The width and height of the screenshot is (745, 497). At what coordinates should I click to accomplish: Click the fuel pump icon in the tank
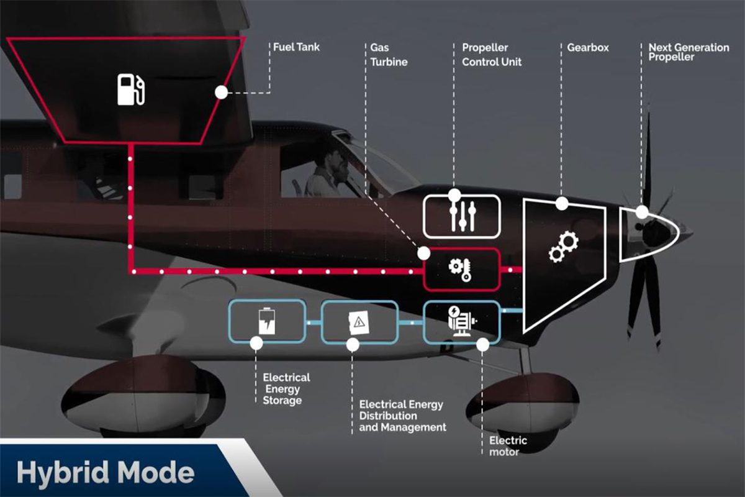pyautogui.click(x=132, y=89)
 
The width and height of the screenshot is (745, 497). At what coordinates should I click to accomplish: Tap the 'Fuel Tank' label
pyautogui.click(x=297, y=47)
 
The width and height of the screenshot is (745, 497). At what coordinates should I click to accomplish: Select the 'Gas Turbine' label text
pyautogui.click(x=389, y=55)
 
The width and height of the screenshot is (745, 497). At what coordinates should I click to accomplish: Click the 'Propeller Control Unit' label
pyautogui.click(x=492, y=55)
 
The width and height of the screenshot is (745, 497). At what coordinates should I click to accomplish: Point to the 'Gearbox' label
pyautogui.click(x=588, y=47)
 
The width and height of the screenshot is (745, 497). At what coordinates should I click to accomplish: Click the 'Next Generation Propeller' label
pyautogui.click(x=689, y=52)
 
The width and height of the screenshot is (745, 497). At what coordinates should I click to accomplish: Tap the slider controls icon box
pyautogui.click(x=461, y=216)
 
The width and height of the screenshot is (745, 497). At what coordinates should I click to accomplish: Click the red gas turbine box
pyautogui.click(x=461, y=270)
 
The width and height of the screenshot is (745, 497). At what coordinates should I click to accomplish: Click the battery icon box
pyautogui.click(x=267, y=321)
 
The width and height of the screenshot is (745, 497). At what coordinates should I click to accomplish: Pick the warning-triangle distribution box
pyautogui.click(x=359, y=321)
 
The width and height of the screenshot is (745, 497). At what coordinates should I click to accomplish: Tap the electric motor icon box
pyautogui.click(x=461, y=321)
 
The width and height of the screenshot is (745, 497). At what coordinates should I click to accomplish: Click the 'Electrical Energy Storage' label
pyautogui.click(x=286, y=389)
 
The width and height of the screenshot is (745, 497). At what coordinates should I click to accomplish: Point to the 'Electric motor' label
pyautogui.click(x=508, y=446)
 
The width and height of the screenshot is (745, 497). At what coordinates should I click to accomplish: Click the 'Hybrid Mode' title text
pyautogui.click(x=106, y=473)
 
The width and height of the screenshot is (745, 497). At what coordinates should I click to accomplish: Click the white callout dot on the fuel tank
pyautogui.click(x=221, y=93)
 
